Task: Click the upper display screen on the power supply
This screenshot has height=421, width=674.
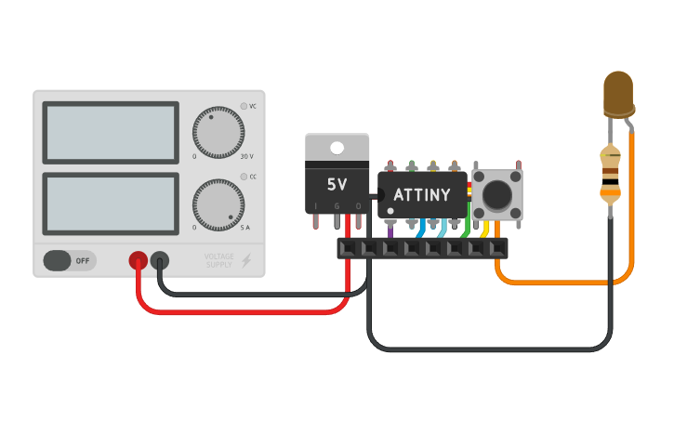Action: (x=110, y=133)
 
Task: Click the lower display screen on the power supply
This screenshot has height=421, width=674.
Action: (x=110, y=204)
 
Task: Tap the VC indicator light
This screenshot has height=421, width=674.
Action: (x=244, y=106)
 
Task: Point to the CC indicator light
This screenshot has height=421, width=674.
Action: (x=244, y=176)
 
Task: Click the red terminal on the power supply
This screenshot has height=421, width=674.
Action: (x=138, y=261)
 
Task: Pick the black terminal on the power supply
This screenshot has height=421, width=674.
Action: (x=160, y=261)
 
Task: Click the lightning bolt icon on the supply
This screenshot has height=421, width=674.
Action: (x=246, y=261)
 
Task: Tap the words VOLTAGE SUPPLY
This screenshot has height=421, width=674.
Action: (x=220, y=261)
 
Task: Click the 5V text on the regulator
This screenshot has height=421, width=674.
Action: (x=337, y=184)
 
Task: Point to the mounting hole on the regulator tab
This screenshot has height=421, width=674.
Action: (x=337, y=147)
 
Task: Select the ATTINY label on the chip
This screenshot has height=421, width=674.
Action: (x=421, y=195)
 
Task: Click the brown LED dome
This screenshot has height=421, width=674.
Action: (x=618, y=93)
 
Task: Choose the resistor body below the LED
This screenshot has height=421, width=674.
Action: (x=610, y=174)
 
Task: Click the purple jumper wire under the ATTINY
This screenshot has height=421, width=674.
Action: (x=390, y=228)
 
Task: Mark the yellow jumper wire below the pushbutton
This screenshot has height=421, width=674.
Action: (x=484, y=229)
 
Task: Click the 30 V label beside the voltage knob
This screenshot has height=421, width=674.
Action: (x=246, y=156)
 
